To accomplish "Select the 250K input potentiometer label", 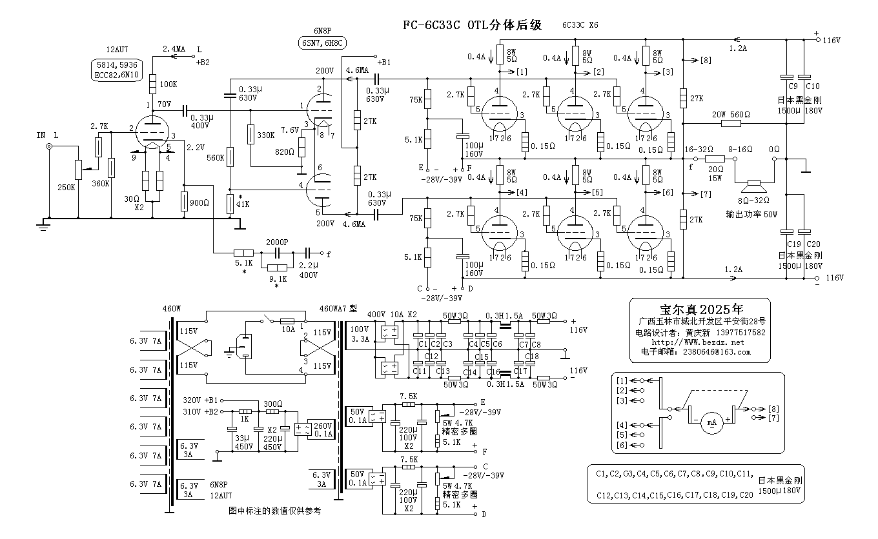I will (x=67, y=187).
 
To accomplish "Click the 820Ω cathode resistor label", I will (x=286, y=152).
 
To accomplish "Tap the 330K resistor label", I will (x=266, y=135).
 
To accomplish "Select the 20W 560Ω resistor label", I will (x=731, y=114).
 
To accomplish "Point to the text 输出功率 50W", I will (x=752, y=213).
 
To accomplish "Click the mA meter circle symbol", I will (x=711, y=423).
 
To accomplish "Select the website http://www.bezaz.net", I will (x=698, y=342).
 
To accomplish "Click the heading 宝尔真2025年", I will (x=699, y=308).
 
